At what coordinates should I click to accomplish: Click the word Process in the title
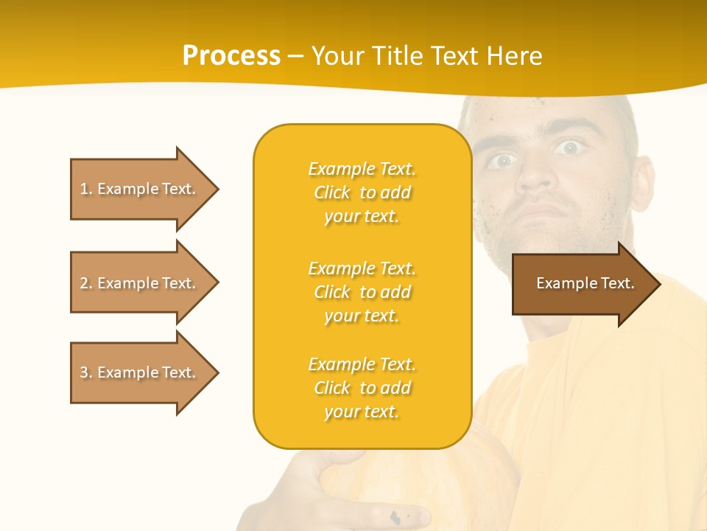231,56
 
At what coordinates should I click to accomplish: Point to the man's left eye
568,148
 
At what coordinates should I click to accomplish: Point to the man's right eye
503,160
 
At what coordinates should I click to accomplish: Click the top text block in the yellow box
362,192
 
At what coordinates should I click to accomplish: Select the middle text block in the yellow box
362,292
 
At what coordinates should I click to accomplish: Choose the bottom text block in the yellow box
362,388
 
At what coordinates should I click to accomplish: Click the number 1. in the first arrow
86,189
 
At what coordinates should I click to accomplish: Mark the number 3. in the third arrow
86,372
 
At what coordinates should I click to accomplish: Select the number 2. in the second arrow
86,283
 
